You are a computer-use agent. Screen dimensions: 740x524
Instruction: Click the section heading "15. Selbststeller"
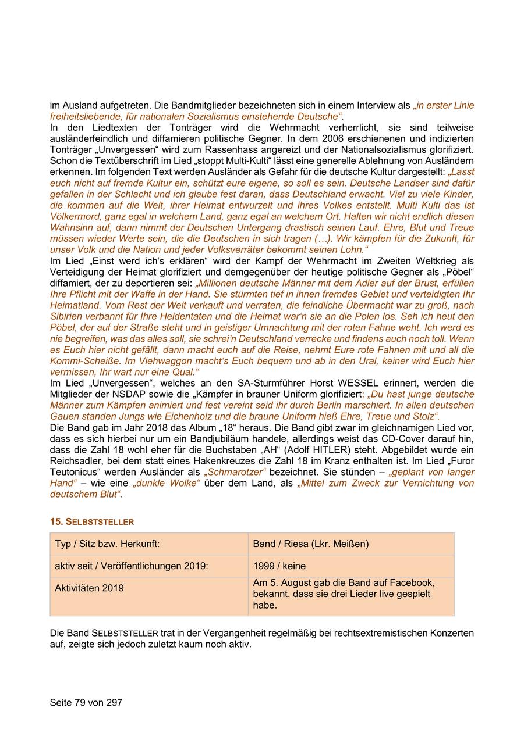point(92,522)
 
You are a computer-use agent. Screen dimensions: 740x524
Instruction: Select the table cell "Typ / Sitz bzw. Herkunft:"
point(107,544)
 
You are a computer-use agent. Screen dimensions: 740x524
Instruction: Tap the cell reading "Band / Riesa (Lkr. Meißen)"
point(311,544)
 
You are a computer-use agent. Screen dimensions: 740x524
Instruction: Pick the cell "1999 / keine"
point(279,566)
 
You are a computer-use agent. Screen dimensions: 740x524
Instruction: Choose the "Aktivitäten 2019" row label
point(90,588)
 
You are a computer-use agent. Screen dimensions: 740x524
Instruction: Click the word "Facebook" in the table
point(415,582)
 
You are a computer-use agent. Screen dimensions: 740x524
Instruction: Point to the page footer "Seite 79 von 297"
point(86,702)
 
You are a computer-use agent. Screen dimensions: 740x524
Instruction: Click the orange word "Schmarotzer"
point(235,472)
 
